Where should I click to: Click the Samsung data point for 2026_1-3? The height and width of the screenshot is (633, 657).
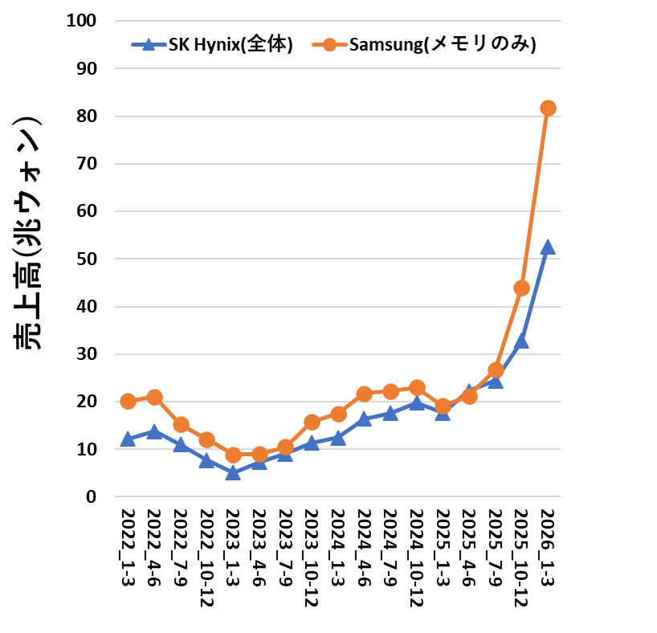tap(548, 108)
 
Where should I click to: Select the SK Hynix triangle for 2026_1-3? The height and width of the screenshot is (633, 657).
tap(548, 247)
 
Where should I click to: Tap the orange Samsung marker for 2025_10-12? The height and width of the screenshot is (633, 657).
tap(521, 288)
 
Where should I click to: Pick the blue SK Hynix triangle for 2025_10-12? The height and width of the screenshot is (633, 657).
tap(521, 341)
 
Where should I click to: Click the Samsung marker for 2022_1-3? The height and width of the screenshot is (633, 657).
tap(128, 401)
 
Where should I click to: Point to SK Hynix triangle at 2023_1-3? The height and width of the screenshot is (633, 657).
tap(233, 473)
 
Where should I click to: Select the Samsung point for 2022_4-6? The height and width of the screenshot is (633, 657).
tap(155, 397)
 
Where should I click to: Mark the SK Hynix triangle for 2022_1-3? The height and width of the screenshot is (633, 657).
tap(128, 439)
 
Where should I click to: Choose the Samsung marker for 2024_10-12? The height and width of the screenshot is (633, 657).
tap(417, 388)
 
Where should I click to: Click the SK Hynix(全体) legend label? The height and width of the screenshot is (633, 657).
tap(231, 44)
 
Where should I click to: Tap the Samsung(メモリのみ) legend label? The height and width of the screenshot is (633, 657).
tap(443, 44)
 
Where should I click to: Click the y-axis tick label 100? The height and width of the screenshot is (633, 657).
tap(81, 21)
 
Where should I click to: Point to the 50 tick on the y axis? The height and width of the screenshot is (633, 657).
tap(86, 259)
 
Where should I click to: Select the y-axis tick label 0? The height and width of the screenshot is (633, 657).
tap(92, 496)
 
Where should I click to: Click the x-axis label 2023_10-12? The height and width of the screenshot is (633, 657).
tap(312, 558)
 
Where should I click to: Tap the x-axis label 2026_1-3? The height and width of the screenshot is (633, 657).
tap(548, 547)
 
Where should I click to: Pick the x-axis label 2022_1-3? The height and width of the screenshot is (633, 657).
tap(128, 547)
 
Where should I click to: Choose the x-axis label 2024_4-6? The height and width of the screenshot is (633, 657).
tap(364, 547)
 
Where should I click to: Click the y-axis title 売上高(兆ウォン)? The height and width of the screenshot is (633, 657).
tap(27, 233)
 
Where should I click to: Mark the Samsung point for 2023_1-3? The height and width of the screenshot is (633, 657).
tap(233, 455)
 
